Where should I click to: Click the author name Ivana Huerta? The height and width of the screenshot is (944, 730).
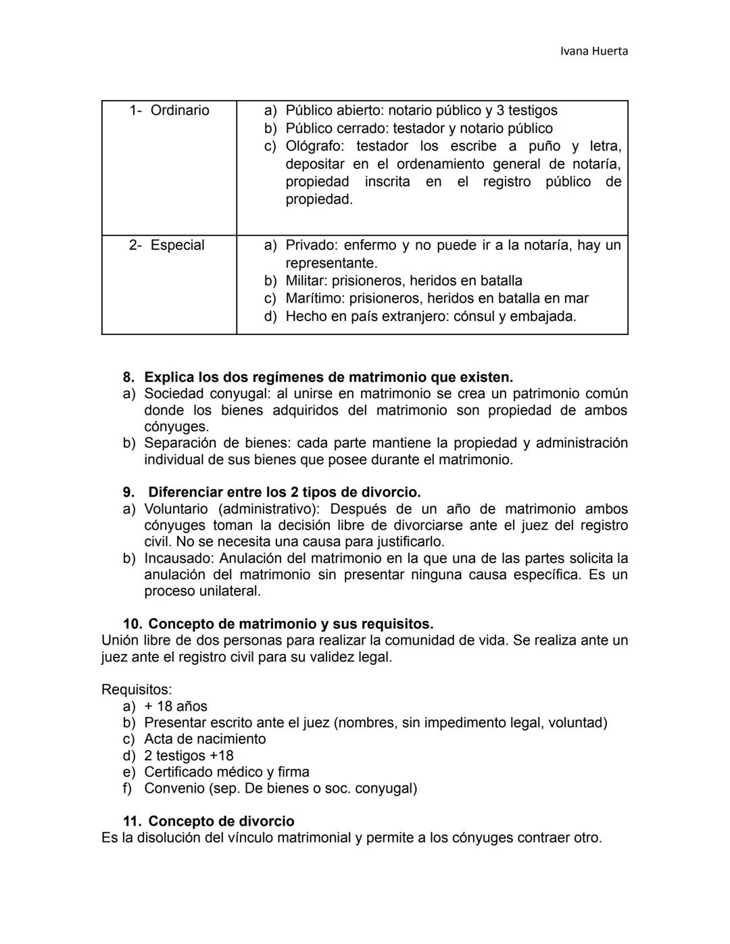click(x=594, y=51)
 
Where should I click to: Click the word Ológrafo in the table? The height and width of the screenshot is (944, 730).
click(x=313, y=147)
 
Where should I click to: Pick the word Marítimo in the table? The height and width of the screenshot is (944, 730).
click(x=313, y=299)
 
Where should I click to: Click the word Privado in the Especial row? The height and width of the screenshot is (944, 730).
click(x=310, y=245)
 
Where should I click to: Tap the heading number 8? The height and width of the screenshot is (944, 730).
click(x=128, y=377)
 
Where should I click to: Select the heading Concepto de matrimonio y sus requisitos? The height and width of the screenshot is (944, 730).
click(x=291, y=624)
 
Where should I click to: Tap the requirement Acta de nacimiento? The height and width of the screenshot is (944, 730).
click(x=205, y=739)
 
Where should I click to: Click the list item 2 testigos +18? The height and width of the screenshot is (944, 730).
click(x=189, y=756)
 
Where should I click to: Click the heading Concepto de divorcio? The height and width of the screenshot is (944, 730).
click(x=221, y=822)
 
